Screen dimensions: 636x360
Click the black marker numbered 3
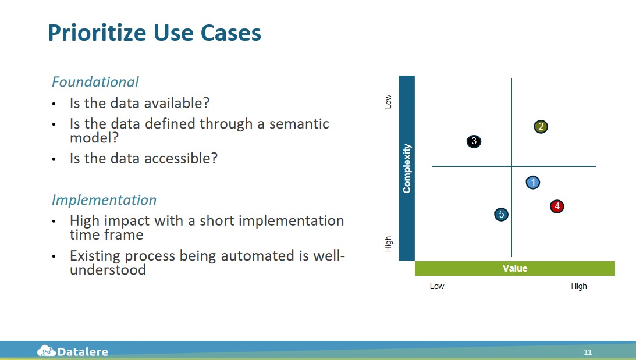point(474,141)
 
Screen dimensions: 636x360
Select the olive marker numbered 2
point(541,126)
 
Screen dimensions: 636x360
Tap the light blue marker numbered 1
point(533,183)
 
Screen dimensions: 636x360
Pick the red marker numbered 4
point(557,206)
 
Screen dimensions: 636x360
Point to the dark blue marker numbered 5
point(502,214)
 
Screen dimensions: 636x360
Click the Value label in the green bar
point(515,268)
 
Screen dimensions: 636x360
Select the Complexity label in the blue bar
point(407,168)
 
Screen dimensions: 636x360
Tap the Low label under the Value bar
point(437,286)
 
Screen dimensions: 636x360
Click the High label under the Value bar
point(579,286)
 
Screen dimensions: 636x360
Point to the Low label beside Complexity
point(388,101)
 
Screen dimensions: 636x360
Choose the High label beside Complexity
point(388,244)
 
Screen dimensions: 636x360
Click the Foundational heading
point(95,82)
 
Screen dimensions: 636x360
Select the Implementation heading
point(104,200)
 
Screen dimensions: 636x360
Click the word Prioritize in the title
point(97,33)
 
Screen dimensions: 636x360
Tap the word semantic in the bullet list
point(299,124)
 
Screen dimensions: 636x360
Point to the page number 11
point(588,352)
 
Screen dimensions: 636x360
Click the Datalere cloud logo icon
point(46,351)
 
